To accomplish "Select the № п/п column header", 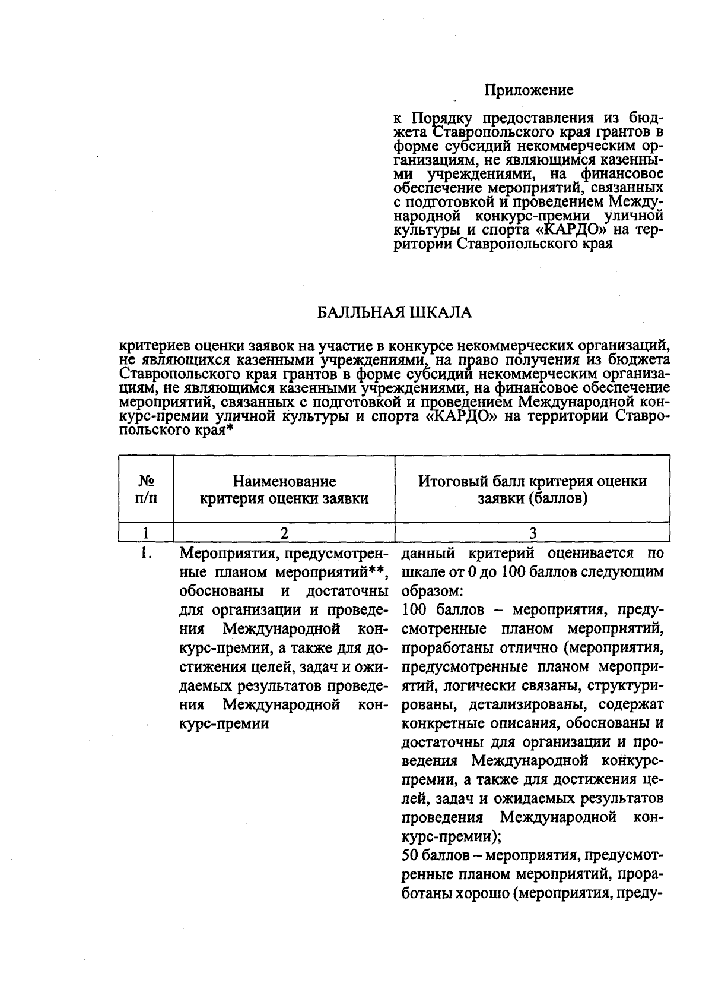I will (147, 489).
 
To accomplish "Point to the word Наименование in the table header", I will (284, 481).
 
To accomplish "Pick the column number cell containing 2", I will (284, 532).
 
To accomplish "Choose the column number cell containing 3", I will (532, 532).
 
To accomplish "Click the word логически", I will (472, 685).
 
